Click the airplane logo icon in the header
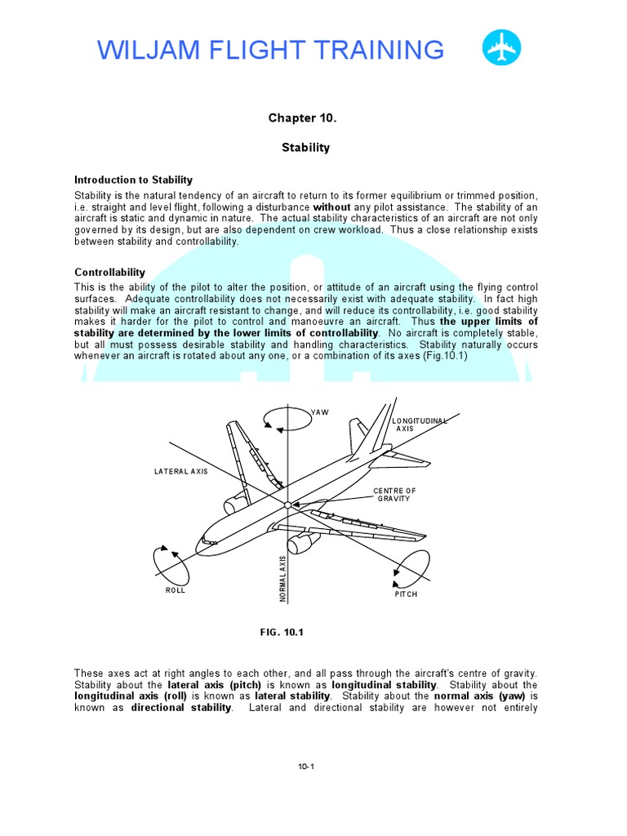(501, 48)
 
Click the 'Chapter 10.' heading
(302, 118)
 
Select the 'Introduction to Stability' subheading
(133, 180)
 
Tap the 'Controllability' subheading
(109, 272)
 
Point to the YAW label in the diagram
(320, 412)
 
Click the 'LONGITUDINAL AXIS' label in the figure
(420, 424)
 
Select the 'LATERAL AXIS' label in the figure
(181, 472)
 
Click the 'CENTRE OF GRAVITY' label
(394, 495)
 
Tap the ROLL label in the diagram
(176, 590)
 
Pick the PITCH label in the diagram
(406, 594)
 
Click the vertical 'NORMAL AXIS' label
(283, 580)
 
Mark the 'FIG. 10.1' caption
(281, 632)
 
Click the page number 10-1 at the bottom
(306, 766)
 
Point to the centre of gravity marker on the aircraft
(287, 505)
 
